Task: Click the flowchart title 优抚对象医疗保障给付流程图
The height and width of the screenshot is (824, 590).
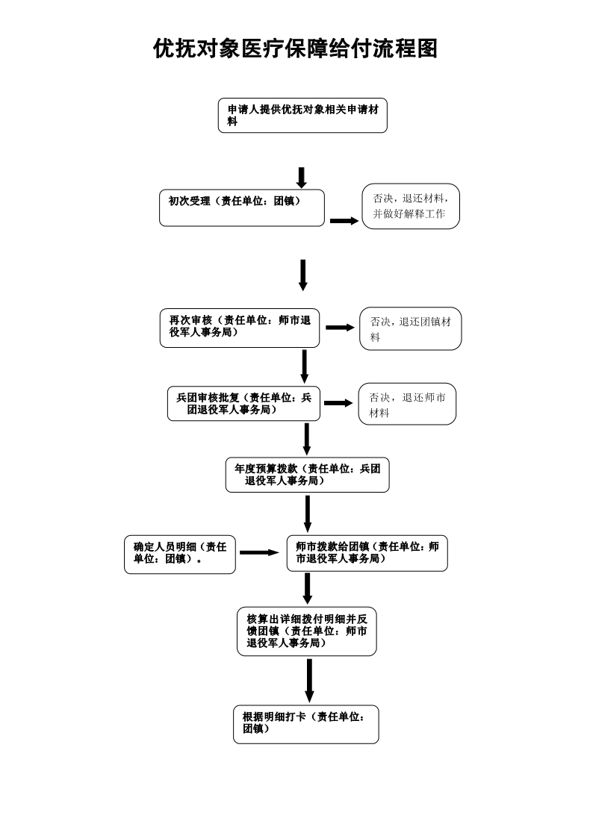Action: (x=295, y=49)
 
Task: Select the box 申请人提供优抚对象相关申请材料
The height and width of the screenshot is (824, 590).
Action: (x=302, y=116)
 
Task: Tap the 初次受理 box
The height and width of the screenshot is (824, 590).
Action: (x=242, y=207)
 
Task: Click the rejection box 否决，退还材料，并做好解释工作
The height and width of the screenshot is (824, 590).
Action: (x=411, y=206)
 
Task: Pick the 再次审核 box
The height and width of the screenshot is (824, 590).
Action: (x=239, y=328)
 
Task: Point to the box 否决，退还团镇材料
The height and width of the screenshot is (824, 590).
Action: (x=411, y=328)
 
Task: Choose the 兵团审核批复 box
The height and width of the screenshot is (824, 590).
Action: (x=243, y=404)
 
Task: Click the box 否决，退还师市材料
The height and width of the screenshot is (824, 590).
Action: (x=407, y=405)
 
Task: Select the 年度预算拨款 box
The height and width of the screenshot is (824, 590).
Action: (x=307, y=475)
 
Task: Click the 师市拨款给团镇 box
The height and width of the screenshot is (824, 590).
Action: (x=367, y=552)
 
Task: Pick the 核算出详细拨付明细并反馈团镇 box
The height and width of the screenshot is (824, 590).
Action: (x=307, y=631)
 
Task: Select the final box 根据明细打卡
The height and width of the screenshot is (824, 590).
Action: (x=305, y=723)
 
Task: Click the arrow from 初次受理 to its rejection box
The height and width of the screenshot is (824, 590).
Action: (x=344, y=221)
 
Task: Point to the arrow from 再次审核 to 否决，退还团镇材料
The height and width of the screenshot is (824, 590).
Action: (x=340, y=328)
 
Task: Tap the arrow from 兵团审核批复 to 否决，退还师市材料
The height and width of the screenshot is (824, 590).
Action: (x=338, y=403)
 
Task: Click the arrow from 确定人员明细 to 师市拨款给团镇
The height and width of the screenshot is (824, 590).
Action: (x=258, y=552)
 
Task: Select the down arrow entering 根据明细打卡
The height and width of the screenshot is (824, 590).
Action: (x=309, y=679)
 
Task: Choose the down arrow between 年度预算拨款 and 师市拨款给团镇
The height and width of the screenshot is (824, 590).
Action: (x=308, y=513)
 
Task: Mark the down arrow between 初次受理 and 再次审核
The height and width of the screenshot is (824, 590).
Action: (x=303, y=275)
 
